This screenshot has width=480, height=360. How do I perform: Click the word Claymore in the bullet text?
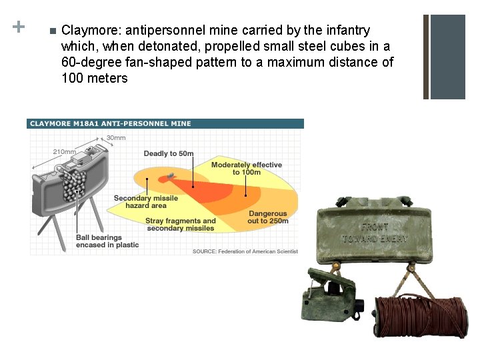85,31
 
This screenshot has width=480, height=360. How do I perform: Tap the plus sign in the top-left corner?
19,27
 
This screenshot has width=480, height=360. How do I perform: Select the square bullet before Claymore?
51,31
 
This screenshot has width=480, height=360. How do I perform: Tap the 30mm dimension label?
115,138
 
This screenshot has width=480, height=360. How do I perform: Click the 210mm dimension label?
64,151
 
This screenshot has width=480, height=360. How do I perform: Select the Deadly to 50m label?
169,154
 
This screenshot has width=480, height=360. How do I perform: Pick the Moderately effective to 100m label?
246,168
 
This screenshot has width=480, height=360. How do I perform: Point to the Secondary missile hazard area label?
146,202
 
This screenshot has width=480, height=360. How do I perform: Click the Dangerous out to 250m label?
268,217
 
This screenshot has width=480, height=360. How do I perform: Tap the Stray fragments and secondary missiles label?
180,225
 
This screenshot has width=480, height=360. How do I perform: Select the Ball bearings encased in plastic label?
107,241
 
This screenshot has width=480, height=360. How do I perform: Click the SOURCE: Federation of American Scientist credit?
245,251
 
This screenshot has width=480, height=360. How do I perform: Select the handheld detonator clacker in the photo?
332,299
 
